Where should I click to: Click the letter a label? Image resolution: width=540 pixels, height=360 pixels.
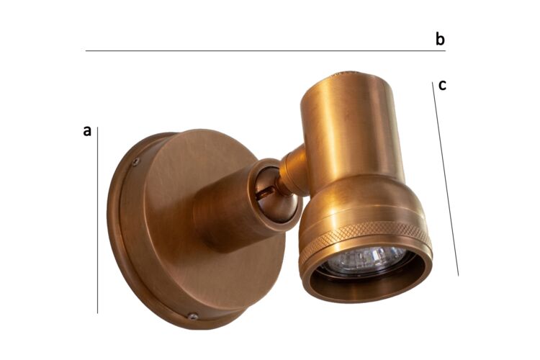[87, 131]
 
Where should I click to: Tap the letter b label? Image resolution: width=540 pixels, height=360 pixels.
[440, 39]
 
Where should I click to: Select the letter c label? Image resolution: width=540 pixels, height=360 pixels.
[442, 85]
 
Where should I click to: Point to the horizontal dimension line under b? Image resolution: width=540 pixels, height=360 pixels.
[266, 51]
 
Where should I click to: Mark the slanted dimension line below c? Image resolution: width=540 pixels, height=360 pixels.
[445, 180]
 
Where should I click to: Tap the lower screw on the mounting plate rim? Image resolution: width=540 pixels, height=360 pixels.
[192, 315]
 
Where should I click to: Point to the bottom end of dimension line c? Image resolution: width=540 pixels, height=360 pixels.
[458, 275]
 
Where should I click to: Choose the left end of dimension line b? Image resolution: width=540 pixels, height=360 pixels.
[86, 51]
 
